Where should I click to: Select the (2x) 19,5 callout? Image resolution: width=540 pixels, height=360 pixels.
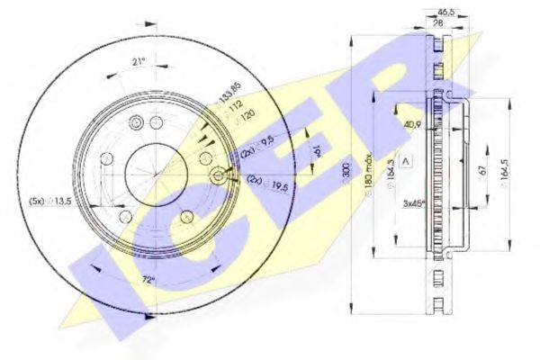(261, 181)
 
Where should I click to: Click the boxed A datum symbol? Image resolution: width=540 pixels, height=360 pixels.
(405, 160)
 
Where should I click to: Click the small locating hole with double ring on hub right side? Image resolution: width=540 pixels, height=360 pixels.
(218, 176)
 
